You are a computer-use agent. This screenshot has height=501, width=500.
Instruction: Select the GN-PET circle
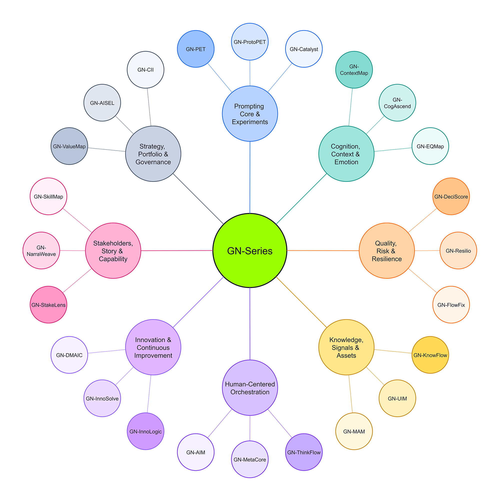(x=195, y=49)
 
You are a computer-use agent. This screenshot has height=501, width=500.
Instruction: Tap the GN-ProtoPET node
(x=249, y=42)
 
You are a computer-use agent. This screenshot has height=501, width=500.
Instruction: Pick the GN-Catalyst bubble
(x=304, y=49)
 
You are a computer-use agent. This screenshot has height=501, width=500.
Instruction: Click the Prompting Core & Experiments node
(x=249, y=114)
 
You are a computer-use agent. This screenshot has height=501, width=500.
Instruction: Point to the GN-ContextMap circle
(x=354, y=70)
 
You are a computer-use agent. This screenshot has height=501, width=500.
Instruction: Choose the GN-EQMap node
(x=430, y=146)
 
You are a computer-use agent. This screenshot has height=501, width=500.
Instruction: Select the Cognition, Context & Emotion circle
(x=346, y=154)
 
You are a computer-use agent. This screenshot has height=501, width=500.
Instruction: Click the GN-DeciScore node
(x=451, y=196)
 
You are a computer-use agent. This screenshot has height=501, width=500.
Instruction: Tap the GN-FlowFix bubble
(x=451, y=305)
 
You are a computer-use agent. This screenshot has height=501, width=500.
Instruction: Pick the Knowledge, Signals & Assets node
(x=346, y=347)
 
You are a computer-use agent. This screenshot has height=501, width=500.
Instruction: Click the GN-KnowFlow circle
(x=430, y=355)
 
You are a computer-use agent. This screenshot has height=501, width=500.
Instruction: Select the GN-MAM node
(x=354, y=431)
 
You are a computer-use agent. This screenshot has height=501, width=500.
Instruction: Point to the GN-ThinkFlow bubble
(x=304, y=452)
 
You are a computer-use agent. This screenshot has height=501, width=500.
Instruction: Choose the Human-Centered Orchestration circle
(x=249, y=388)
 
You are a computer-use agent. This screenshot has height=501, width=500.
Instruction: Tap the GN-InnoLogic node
(x=145, y=431)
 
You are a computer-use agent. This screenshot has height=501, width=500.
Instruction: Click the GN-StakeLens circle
(x=48, y=305)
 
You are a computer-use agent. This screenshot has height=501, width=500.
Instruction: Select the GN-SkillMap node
(x=48, y=196)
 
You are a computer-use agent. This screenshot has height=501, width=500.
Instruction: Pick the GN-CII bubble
(x=145, y=70)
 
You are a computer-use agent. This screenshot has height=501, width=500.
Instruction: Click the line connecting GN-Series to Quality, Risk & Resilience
(x=323, y=250)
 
